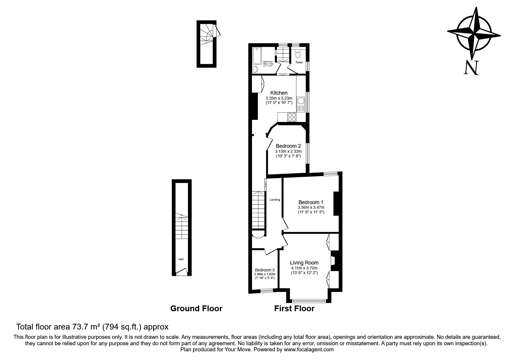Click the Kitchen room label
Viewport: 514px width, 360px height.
pos(279,93)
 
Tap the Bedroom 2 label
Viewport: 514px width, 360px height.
pos(288,146)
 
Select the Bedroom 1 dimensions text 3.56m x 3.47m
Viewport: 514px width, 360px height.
pos(311,207)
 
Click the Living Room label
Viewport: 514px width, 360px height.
pos(304,263)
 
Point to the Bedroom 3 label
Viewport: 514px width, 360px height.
pos(265,270)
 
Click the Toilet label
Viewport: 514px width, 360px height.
pos(299,62)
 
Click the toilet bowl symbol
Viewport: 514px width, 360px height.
pos(298,54)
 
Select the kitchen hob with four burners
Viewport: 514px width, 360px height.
pos(292,117)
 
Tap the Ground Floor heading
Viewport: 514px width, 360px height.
pos(196,308)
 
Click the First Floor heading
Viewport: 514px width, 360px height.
pos(294,308)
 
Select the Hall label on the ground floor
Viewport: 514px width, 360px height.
pos(181,259)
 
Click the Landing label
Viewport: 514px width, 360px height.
pos(275,200)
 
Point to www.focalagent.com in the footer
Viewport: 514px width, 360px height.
pos(309,350)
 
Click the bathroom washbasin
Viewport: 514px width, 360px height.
pos(255,69)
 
